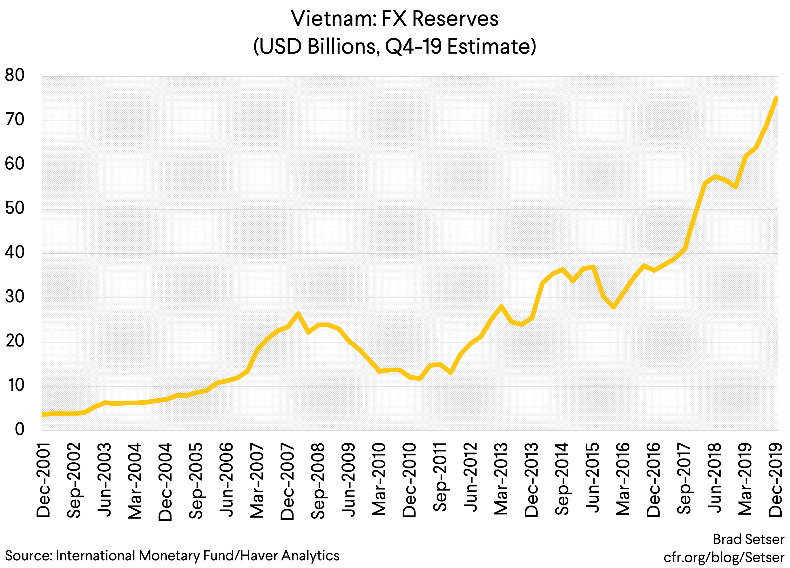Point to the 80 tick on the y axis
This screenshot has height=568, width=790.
coord(15,75)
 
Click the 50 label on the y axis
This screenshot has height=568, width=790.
coord(15,209)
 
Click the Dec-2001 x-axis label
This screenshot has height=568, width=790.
coord(44,480)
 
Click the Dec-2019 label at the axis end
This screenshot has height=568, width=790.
coord(776,480)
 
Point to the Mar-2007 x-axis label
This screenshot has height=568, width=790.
coord(257,480)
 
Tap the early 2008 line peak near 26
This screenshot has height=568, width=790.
coord(298,314)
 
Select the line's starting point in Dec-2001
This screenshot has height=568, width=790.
coord(43,414)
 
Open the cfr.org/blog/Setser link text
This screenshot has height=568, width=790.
coord(724,558)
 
